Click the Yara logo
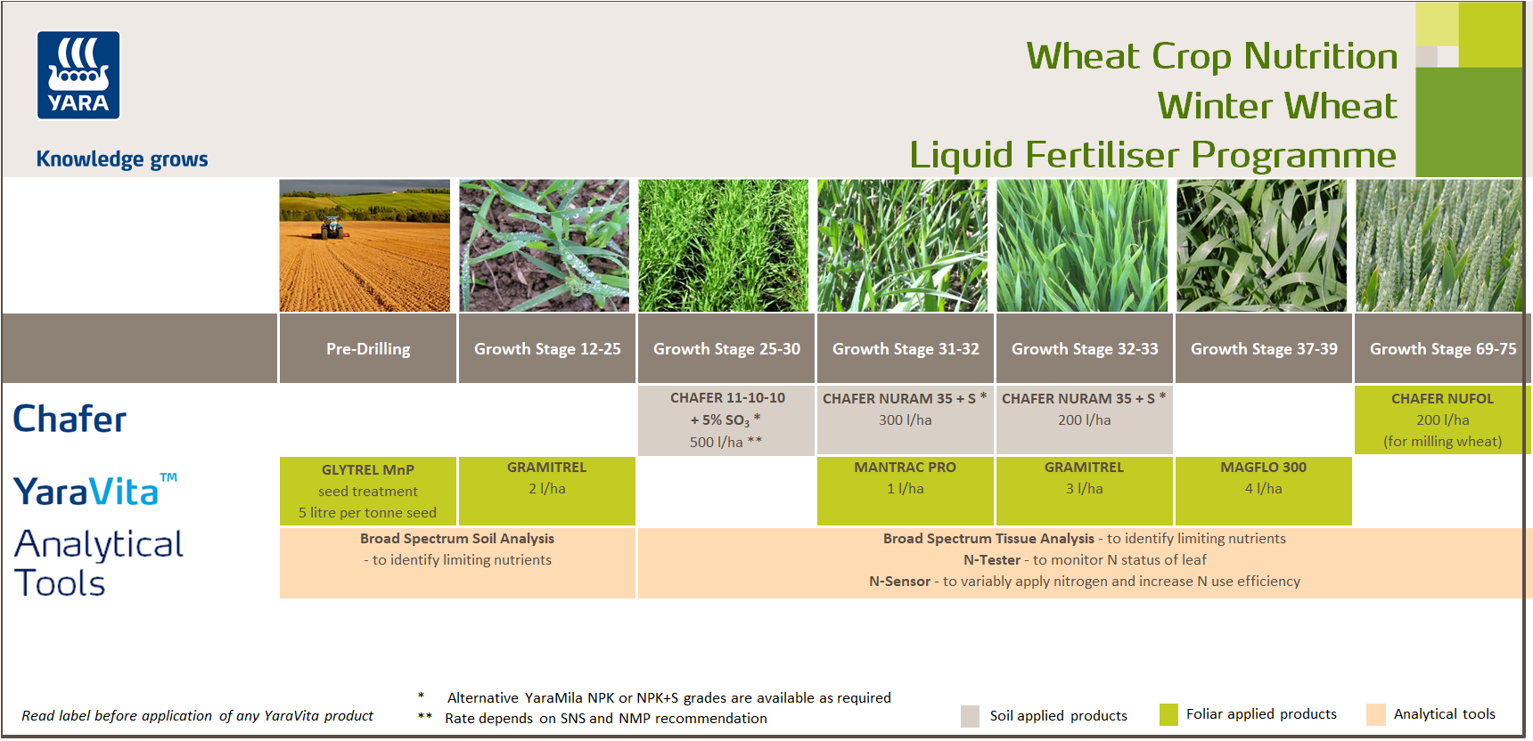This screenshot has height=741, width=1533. (78, 75)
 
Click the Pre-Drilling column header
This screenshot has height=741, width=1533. (368, 348)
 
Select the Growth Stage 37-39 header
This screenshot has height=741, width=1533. (1264, 348)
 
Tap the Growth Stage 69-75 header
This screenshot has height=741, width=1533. (1443, 348)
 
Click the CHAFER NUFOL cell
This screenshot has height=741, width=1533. (1442, 419)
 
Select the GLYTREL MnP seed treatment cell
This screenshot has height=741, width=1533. (368, 491)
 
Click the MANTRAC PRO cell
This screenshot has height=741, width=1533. (905, 491)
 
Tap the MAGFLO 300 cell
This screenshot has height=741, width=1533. (1264, 491)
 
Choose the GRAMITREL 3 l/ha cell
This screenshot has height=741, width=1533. (1084, 491)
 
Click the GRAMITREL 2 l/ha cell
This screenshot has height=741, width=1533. (547, 491)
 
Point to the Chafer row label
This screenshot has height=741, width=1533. (70, 419)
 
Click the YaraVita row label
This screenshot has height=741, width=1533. (94, 490)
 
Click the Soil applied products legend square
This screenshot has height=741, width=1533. (971, 716)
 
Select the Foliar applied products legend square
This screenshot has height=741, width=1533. (1168, 714)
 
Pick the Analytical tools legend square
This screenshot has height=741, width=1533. (1376, 714)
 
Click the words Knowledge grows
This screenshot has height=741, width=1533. (122, 159)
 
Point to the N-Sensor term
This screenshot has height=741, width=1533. (899, 582)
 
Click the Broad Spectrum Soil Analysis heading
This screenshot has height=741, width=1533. (457, 539)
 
